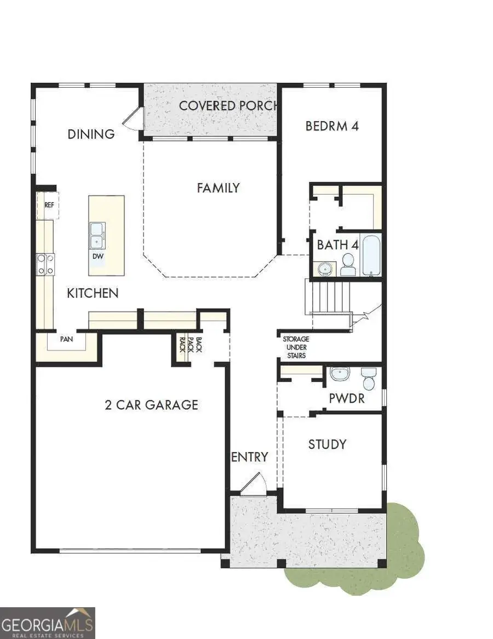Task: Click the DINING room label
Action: point(91,134)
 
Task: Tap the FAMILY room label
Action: point(218,188)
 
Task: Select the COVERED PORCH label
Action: point(229,105)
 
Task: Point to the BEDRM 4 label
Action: point(332,126)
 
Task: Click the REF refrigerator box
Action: point(49,205)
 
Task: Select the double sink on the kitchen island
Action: point(98,235)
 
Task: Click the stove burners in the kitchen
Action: point(45,264)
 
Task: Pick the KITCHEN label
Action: point(92,293)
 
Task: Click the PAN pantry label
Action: point(67,339)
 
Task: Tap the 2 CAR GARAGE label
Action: point(151,405)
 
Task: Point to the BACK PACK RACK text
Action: point(190,343)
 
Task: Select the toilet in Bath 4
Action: point(348,265)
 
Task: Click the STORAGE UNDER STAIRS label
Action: point(296,347)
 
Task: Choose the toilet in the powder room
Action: point(368,378)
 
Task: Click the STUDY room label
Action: point(327,444)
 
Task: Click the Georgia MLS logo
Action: point(48,623)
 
